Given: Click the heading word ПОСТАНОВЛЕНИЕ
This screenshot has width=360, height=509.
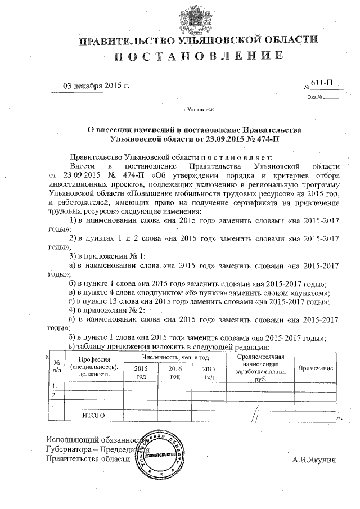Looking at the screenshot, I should click(199, 56).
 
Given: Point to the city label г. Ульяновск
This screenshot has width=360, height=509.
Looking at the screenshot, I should click(198, 111).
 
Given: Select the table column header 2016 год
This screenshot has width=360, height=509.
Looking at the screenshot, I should click(175, 372).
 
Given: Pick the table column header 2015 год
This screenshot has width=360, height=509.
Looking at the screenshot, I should click(141, 372).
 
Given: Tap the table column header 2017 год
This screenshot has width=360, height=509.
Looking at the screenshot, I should click(209, 372).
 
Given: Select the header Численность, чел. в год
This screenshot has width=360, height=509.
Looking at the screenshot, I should click(175, 357).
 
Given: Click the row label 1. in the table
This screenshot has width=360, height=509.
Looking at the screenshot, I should click(55, 386).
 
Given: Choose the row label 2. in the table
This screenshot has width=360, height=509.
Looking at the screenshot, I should click(55, 395).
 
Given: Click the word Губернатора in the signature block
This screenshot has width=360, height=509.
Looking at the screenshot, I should click(69, 449).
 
